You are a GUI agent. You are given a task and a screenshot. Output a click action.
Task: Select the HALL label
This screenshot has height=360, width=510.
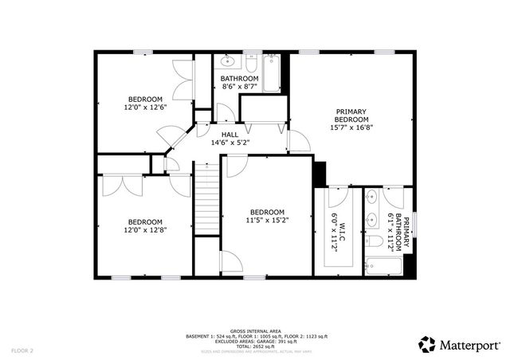[x=229, y=134]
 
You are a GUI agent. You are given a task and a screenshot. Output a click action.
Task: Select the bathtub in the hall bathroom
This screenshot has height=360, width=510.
[x=272, y=72]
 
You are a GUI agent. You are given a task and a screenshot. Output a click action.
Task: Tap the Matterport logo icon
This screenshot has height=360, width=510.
[x=427, y=343]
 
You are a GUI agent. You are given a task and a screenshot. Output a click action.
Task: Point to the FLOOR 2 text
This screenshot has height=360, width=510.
[x=22, y=350]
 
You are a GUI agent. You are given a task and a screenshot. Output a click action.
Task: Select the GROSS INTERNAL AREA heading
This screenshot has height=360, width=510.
[x=254, y=331]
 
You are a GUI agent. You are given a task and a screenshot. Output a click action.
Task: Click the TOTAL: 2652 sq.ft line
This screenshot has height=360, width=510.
[x=254, y=345]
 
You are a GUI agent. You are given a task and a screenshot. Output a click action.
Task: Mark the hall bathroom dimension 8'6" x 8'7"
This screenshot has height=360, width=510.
[x=239, y=87]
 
